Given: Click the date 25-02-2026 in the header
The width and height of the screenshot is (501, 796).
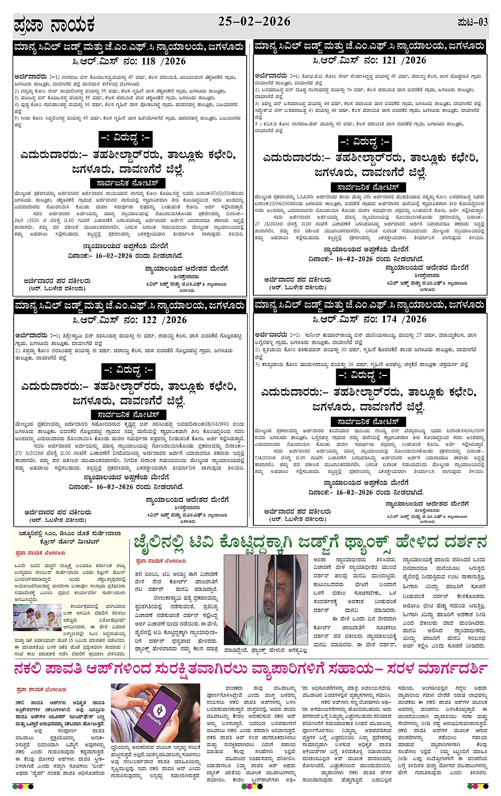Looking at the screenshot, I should [254, 22].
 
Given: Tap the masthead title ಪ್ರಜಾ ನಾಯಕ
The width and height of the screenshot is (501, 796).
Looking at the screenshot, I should [54, 25].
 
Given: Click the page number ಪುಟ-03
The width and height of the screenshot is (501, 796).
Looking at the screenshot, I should [472, 22].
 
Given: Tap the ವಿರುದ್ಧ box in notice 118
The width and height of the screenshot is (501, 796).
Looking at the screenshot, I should [126, 138].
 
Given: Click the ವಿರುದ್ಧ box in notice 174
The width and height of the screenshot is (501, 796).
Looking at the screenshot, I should [363, 375].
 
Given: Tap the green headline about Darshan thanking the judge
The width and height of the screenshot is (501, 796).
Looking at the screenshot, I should [310, 542].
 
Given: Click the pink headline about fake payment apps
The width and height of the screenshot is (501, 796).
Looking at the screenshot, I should [250, 668].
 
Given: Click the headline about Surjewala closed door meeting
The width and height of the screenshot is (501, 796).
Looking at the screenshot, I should [70, 537].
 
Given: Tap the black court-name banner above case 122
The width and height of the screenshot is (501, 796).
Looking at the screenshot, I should [130, 306].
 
